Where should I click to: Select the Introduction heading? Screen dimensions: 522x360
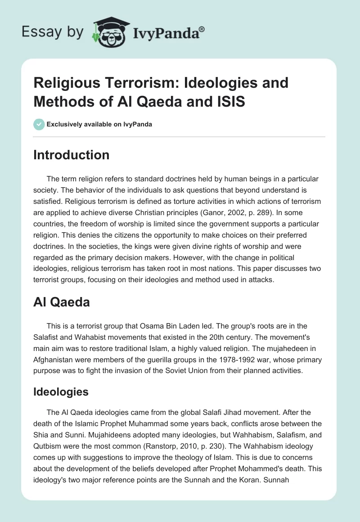pyautogui.click(x=71, y=155)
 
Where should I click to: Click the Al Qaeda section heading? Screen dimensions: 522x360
pyautogui.click(x=61, y=302)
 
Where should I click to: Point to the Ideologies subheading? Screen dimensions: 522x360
pyautogui.click(x=61, y=391)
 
